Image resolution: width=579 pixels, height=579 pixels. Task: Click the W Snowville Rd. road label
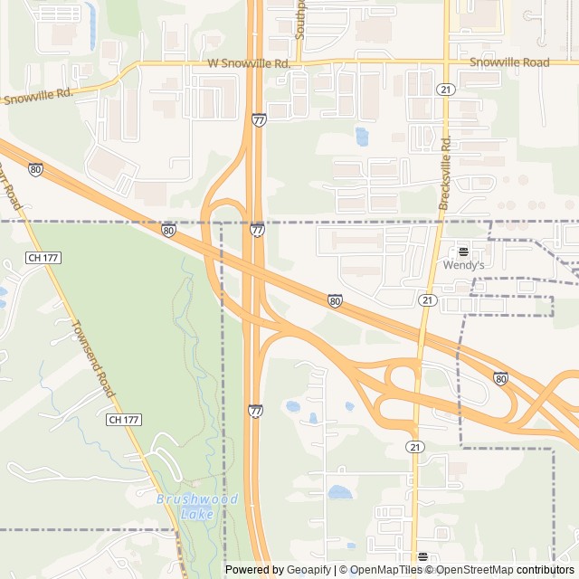pos(248,63)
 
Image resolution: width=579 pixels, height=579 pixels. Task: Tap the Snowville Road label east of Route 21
pos(509,62)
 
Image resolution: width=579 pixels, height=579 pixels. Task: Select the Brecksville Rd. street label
pos(444,175)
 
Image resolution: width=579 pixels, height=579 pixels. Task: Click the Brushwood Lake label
pos(197,507)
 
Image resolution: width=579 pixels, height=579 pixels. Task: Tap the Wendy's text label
pos(463,265)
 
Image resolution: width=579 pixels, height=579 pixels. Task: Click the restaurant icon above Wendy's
pos(463,252)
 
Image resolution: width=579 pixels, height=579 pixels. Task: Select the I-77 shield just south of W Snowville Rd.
pos(259,119)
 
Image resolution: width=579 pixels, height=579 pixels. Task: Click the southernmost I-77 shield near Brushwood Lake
pos(256,411)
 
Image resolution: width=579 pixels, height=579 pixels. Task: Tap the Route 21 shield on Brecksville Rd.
pos(444,89)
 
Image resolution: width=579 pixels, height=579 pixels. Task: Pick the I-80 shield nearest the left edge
pos(35,169)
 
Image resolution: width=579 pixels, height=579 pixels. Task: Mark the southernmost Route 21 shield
pos(415,447)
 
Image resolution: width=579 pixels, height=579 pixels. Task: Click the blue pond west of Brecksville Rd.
pos(362,137)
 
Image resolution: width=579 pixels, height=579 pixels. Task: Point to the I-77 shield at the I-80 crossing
pos(258,231)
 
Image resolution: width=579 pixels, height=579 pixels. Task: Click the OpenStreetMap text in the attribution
pos(471,570)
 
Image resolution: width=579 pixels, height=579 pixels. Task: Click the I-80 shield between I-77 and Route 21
pos(335,300)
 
